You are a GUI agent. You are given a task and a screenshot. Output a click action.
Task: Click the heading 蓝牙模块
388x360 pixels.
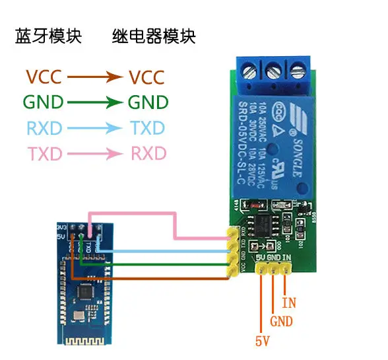point(48,36)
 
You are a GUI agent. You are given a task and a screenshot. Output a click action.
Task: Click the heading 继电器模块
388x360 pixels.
point(154,36)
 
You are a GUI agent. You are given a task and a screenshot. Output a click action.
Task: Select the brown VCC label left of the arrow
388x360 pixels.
point(44,77)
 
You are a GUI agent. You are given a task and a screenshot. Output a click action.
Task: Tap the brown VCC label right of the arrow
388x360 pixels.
point(146,77)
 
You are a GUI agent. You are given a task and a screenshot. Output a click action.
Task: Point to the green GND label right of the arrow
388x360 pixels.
point(148,102)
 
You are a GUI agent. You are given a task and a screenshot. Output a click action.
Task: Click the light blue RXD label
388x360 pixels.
point(44,127)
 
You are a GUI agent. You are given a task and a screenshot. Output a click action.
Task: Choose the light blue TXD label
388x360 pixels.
point(146,127)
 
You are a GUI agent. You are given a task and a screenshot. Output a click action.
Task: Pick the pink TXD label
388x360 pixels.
point(44,154)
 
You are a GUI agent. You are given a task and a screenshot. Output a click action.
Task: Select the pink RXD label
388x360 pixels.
point(148,154)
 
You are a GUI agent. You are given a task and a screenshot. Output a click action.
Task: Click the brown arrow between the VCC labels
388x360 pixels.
point(95,77)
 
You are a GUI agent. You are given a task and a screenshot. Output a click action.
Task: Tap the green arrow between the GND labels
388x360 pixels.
point(95,102)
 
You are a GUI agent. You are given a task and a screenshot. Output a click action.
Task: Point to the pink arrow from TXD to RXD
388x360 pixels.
point(95,154)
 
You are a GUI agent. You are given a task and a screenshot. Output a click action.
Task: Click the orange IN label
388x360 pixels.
point(289,303)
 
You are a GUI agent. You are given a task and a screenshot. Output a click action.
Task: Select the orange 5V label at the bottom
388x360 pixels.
point(262,342)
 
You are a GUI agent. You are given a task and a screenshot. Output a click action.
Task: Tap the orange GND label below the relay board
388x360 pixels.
point(282,323)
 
